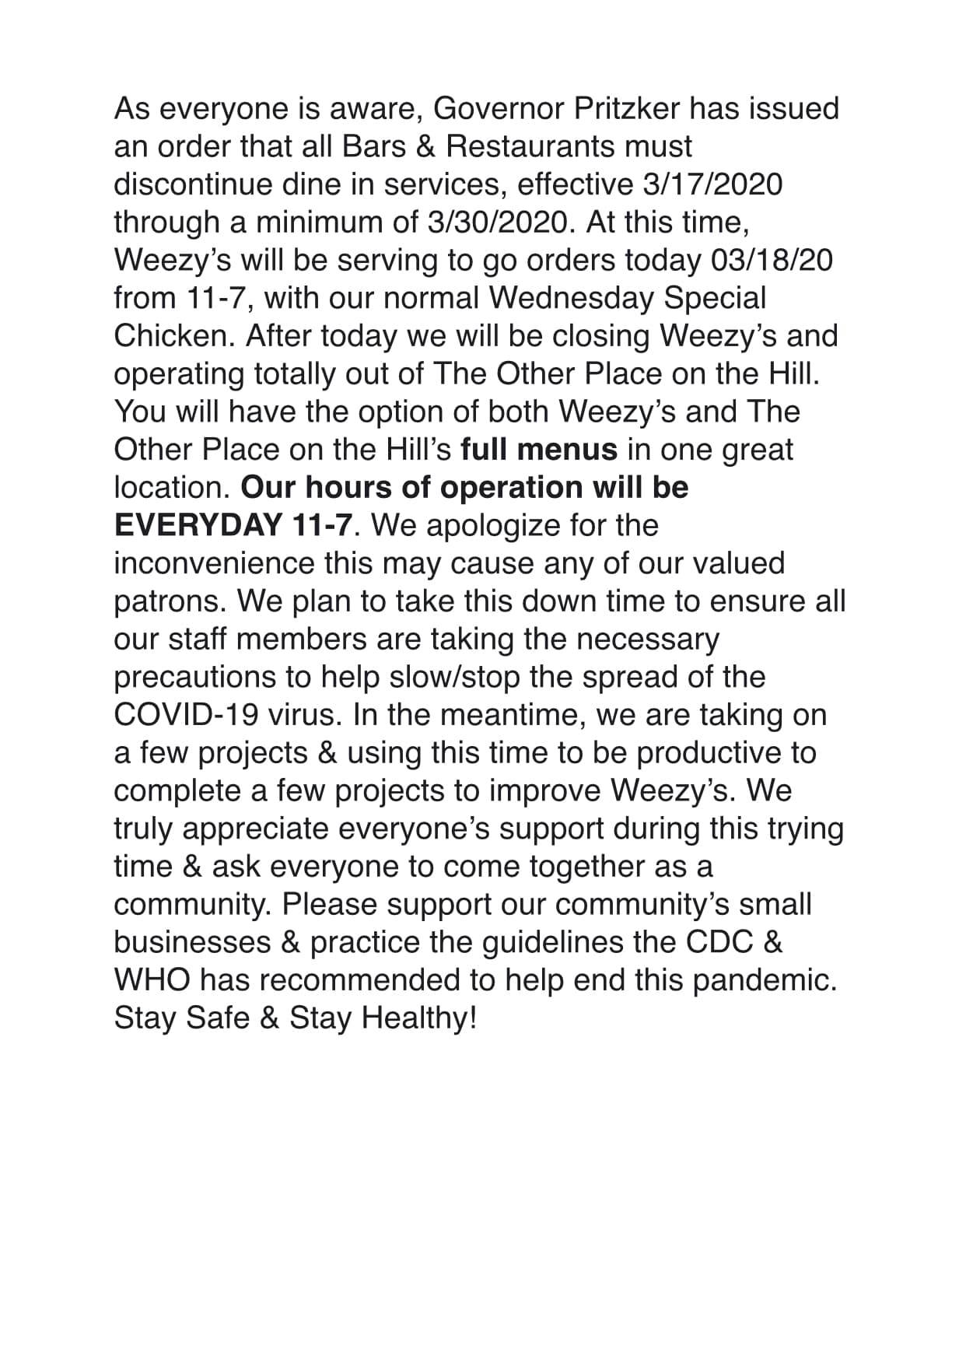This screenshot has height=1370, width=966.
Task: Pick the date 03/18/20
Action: pyautogui.click(x=772, y=261)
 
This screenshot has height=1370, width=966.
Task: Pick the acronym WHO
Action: pyautogui.click(x=152, y=980)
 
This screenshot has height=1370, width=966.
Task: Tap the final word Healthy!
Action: pyautogui.click(x=419, y=1018)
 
